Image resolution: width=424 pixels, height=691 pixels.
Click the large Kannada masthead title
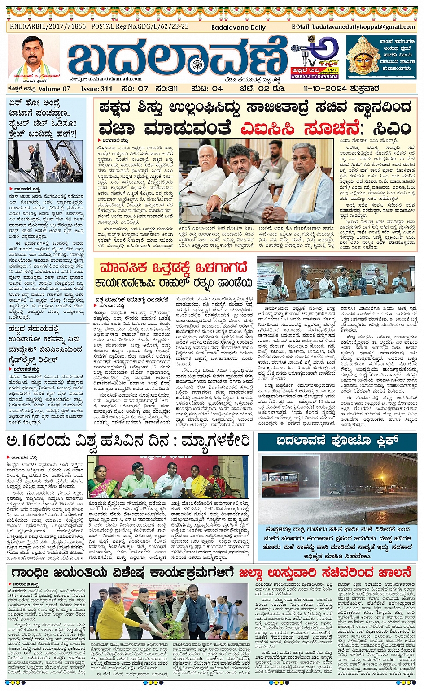tap(177, 58)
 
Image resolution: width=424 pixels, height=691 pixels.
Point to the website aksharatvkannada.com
tap(115, 79)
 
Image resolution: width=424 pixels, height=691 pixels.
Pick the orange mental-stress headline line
tap(174, 268)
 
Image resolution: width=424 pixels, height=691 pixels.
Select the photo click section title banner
tap(337, 441)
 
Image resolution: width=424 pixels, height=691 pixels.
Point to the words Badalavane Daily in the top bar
tap(238, 27)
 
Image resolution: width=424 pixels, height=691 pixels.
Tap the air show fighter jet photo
tap(45, 161)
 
